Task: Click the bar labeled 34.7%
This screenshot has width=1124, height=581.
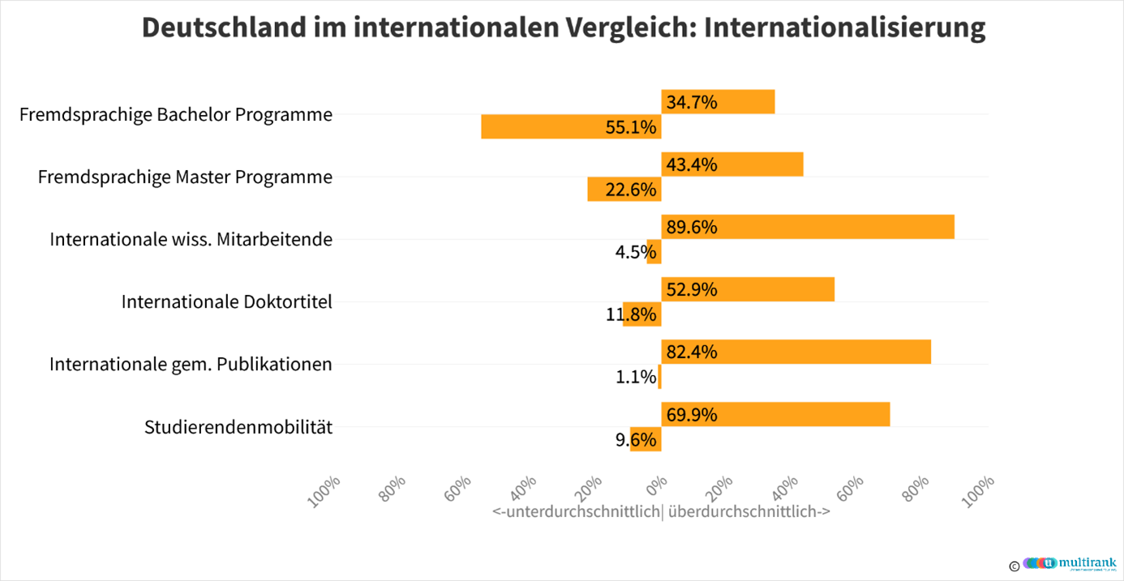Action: coord(718,102)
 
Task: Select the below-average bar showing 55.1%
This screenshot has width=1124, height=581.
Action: coord(571,127)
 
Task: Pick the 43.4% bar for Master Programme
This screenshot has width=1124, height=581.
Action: coord(732,164)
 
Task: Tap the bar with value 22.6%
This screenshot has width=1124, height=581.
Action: coord(624,190)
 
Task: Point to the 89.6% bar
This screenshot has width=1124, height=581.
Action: coord(808,227)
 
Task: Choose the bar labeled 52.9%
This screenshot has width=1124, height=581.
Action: coord(748,289)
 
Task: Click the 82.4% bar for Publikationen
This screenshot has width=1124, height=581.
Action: coord(796,352)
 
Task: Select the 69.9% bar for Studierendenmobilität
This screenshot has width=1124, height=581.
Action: coord(775,414)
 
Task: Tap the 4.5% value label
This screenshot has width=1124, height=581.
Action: coord(630,252)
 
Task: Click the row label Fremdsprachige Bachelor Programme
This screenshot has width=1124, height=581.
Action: coord(176,114)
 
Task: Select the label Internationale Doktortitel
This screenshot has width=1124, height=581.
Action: coord(227,301)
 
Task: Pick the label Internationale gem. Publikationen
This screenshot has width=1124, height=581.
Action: coord(191,364)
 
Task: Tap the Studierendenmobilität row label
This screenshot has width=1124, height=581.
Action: coord(238,426)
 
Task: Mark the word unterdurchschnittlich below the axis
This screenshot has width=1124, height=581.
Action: coord(577,512)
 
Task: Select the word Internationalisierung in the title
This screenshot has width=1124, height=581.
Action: coord(845,28)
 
